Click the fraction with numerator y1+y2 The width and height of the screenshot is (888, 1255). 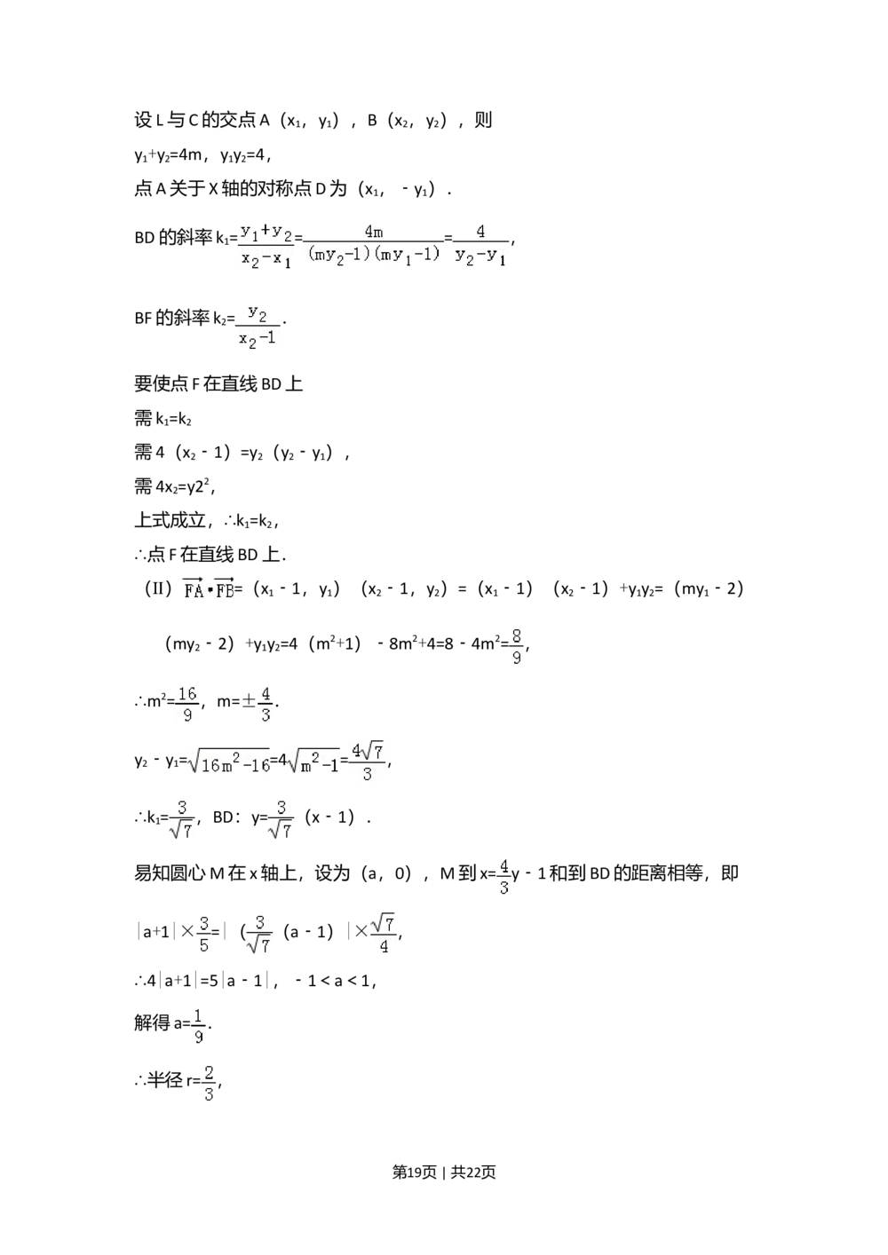click(266, 245)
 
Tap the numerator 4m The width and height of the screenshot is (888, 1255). click(374, 233)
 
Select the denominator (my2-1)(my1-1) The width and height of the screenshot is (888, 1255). click(374, 254)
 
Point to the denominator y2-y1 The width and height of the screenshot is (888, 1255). click(480, 257)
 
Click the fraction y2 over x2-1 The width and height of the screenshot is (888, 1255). click(258, 327)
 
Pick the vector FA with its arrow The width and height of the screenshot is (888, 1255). click(193, 589)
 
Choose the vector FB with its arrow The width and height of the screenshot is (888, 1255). click(223, 589)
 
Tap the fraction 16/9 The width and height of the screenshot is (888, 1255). click(187, 703)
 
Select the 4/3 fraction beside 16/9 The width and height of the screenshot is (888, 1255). click(266, 703)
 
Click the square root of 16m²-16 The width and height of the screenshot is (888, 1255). click(227, 763)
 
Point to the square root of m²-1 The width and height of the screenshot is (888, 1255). click(312, 763)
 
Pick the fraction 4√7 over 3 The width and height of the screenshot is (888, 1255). click(367, 762)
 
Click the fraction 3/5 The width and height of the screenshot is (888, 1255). click(203, 933)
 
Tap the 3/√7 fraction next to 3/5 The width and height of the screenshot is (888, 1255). click(259, 933)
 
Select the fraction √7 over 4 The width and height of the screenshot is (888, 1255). click(384, 933)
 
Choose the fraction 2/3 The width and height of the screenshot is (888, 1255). click(209, 1083)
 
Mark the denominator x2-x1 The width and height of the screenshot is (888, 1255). click(266, 259)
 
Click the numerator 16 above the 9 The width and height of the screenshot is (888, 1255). click(187, 693)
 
